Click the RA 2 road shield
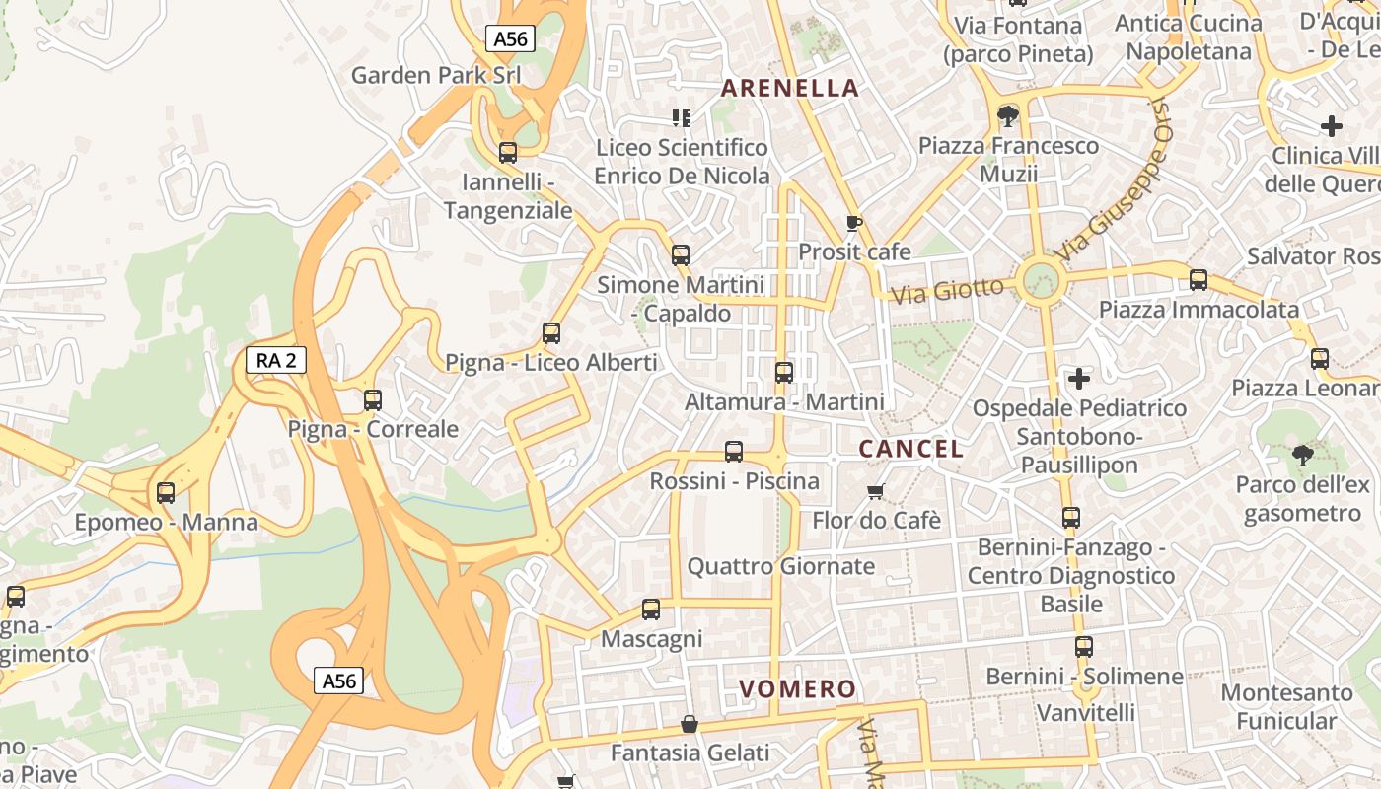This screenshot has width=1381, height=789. (276, 360)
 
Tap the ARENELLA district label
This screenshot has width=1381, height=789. (790, 88)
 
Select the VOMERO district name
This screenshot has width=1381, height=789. (797, 688)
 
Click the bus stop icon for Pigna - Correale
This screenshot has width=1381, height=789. (373, 399)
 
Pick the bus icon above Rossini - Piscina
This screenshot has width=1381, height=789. (734, 452)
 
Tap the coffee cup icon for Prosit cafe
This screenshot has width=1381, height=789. (853, 223)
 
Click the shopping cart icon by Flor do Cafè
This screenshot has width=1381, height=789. (875, 491)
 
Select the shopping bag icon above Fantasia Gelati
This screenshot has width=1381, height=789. (690, 725)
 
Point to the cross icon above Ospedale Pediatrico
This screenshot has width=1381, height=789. (1079, 378)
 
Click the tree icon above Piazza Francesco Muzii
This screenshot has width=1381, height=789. (1007, 117)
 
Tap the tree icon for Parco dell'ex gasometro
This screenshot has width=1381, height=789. (1302, 455)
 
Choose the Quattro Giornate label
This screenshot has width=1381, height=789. (781, 566)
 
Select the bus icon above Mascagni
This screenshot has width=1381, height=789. (651, 610)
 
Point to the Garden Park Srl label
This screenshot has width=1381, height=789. (436, 75)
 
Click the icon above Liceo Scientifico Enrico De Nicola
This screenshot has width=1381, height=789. (681, 118)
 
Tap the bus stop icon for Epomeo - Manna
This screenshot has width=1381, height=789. (166, 493)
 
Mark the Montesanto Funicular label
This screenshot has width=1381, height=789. (1286, 707)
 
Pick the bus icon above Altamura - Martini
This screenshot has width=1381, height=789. (784, 373)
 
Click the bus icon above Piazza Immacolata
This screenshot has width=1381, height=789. (1199, 280)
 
